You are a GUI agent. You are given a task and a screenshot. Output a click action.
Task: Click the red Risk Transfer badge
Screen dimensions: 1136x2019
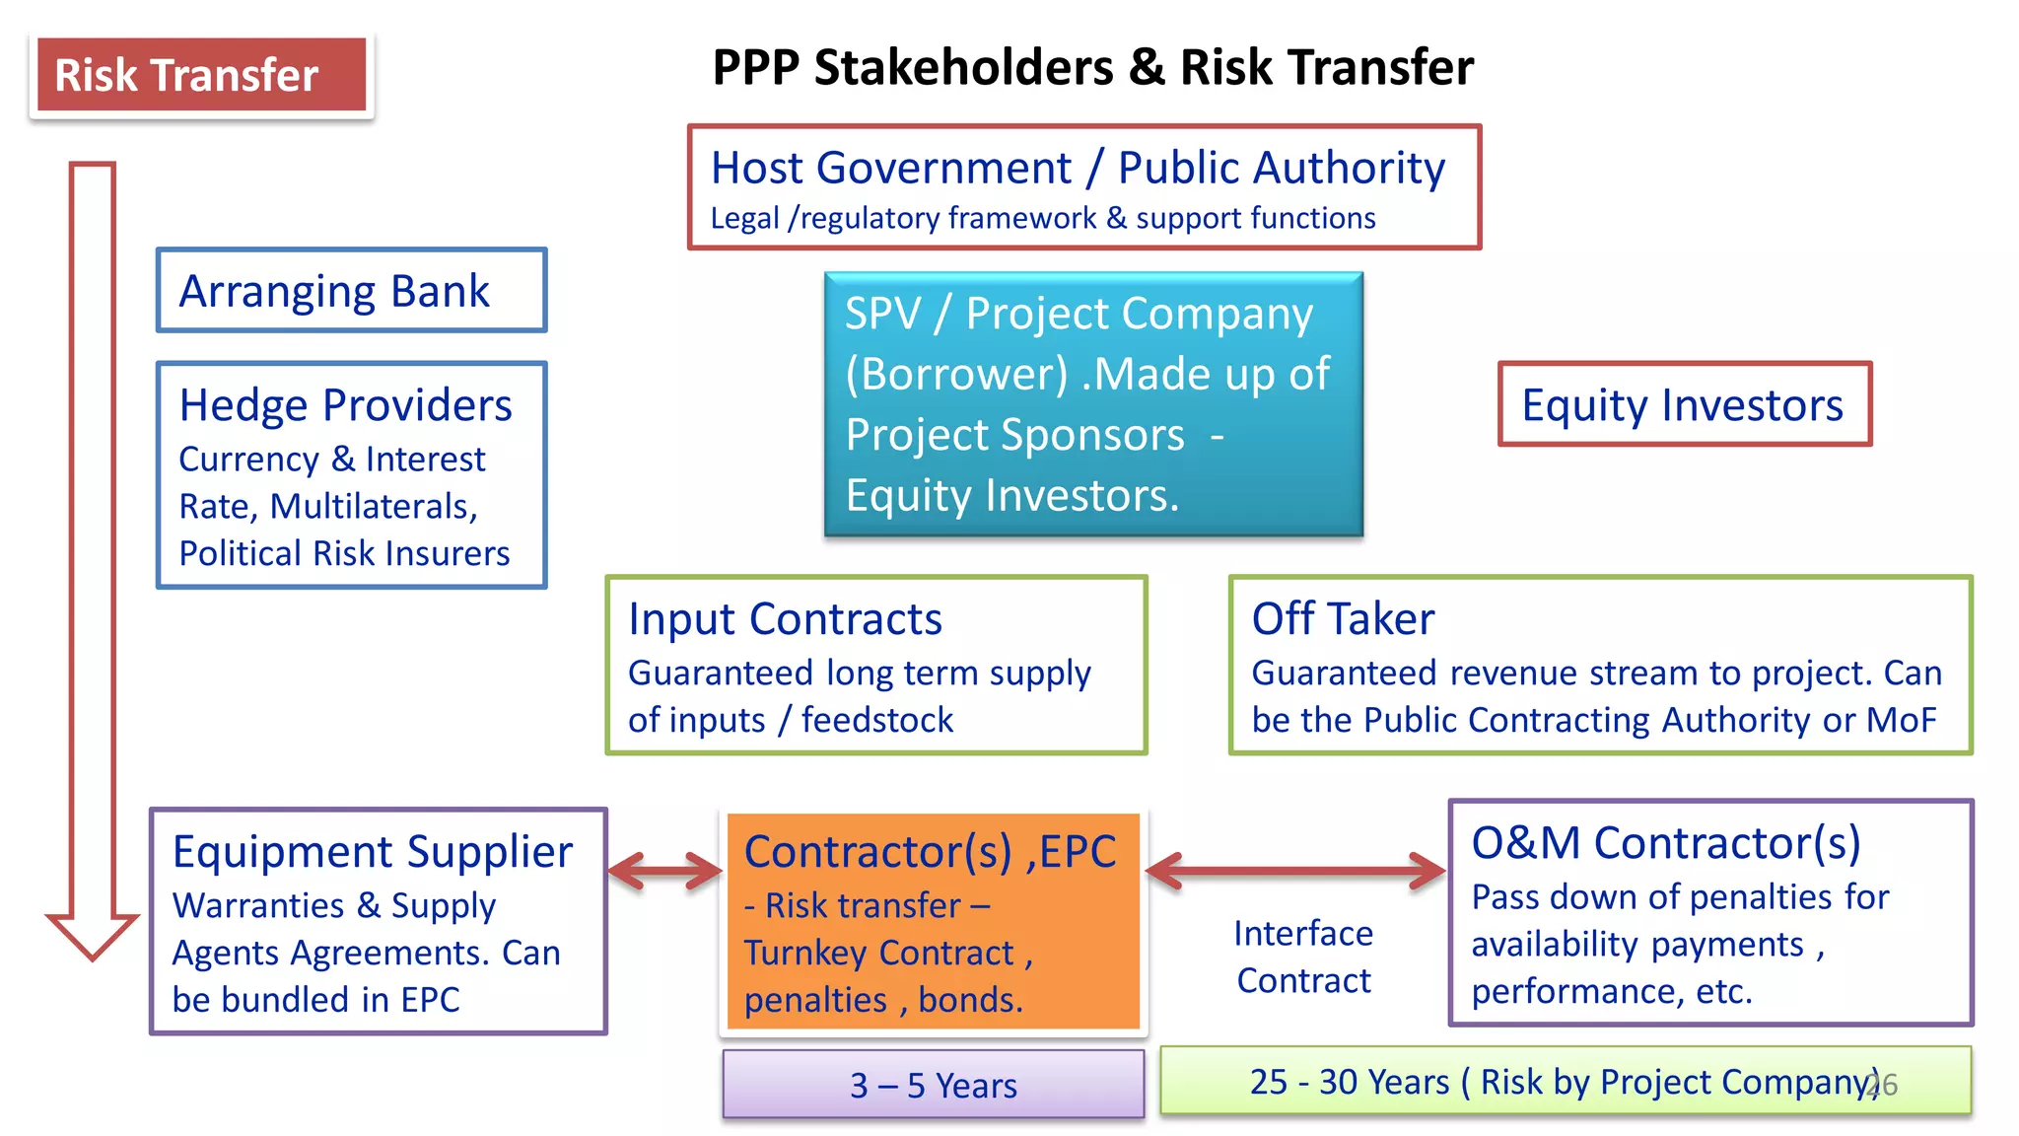(201, 76)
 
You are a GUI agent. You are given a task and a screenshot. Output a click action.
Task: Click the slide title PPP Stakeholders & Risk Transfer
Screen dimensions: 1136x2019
(1092, 68)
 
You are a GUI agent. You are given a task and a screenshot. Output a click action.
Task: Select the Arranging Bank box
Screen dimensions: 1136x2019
(351, 291)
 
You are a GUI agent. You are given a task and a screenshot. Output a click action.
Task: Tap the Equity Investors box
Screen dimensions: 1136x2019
(1684, 404)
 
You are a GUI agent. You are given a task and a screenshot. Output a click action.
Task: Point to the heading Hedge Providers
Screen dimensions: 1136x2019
(345, 405)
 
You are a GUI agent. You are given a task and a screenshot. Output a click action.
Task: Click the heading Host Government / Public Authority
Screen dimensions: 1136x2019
(1078, 168)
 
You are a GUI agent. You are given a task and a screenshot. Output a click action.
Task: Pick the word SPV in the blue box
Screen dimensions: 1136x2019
(882, 315)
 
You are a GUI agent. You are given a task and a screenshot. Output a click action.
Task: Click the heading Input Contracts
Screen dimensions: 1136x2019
(785, 619)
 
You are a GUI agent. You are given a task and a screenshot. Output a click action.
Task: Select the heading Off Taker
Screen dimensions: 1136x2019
(1343, 619)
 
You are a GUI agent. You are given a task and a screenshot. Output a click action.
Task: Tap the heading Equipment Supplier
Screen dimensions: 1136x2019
(372, 852)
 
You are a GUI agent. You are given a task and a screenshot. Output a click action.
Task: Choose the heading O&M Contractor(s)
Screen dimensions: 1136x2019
(1666, 843)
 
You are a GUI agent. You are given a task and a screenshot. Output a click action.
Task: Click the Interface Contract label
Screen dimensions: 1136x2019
(1303, 957)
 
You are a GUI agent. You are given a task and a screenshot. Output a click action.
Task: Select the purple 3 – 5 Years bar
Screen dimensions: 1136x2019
(933, 1085)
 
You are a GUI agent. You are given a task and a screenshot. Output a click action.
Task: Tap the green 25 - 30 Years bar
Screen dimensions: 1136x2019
(1565, 1082)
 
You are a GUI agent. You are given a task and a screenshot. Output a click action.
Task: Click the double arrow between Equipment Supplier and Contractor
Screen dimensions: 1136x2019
(665, 871)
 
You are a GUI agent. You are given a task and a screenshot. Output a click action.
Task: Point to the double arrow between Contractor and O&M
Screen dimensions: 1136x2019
(1295, 871)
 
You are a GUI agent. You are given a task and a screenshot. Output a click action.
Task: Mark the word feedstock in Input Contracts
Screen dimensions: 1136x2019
(876, 721)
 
